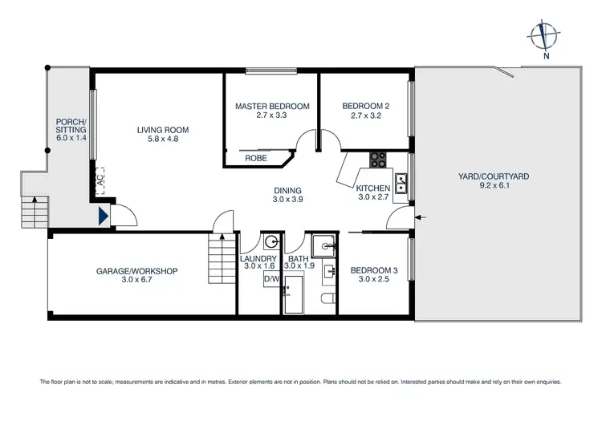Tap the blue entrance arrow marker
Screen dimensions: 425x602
pyautogui.click(x=102, y=216)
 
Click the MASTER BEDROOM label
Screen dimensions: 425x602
pyautogui.click(x=272, y=106)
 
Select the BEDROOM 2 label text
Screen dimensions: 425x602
pyautogui.click(x=365, y=106)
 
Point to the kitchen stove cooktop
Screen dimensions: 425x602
pyautogui.click(x=377, y=160)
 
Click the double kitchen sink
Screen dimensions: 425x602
pyautogui.click(x=401, y=183)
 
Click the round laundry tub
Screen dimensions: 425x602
pyautogui.click(x=272, y=241)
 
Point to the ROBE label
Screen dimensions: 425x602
pyautogui.click(x=256, y=159)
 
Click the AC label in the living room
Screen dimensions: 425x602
pyautogui.click(x=101, y=181)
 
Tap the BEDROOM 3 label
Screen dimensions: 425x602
pyautogui.click(x=371, y=271)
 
